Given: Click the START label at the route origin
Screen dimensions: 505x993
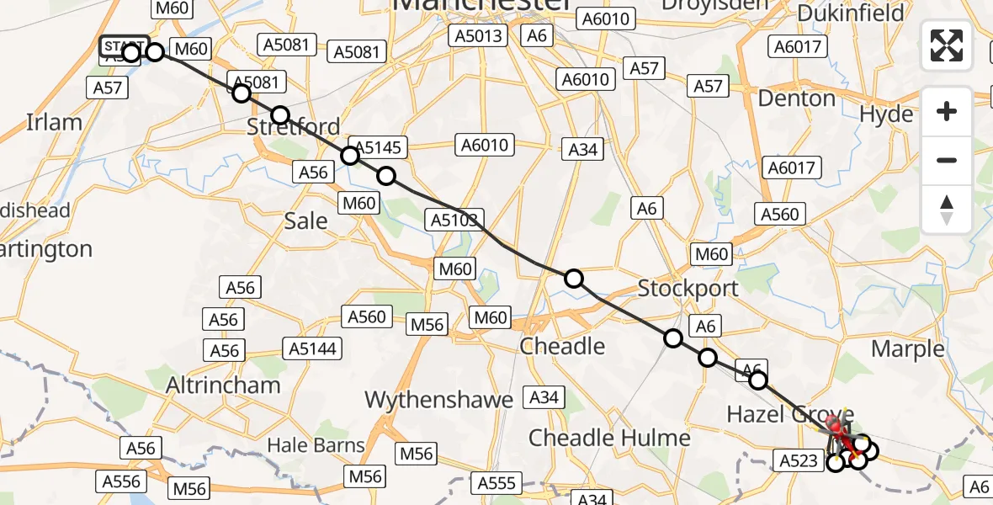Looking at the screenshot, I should (x=123, y=45).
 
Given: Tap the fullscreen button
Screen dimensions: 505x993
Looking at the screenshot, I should (x=947, y=45).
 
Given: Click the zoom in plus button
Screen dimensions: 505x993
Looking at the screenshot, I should (x=947, y=111).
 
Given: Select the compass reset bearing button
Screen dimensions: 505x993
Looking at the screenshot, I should (x=947, y=210).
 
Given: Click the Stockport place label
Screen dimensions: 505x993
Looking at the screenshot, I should (x=688, y=288).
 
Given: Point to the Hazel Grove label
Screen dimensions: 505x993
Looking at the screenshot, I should (x=790, y=414).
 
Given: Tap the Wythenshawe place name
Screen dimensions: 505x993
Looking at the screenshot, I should (x=437, y=399).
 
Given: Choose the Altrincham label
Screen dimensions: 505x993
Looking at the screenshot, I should (x=223, y=385).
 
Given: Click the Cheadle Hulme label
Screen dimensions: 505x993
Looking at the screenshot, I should (x=609, y=438).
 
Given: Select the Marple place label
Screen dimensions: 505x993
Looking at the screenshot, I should (x=908, y=348).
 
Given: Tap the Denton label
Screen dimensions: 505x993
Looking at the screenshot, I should (x=796, y=98).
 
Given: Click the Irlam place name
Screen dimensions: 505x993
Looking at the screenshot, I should (x=54, y=122).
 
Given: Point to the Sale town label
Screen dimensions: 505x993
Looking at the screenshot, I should (x=305, y=221).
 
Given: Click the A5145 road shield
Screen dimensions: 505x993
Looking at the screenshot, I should (x=375, y=148).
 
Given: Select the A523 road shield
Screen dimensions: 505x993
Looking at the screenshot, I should (x=797, y=460).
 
